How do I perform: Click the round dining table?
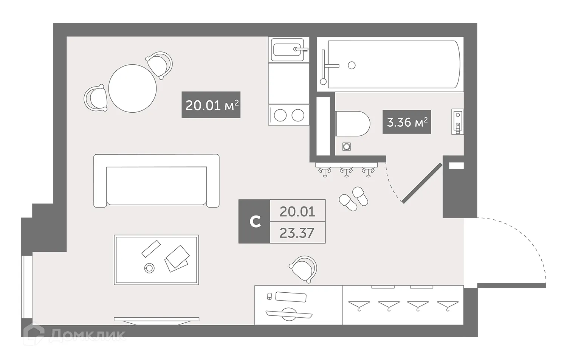[132, 88]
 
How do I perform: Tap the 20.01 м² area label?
[211, 105]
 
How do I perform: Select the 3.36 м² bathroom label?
[407, 122]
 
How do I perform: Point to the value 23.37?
[297, 233]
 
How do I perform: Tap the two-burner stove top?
[289, 115]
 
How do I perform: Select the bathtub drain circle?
[352, 65]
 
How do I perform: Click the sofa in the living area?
[156, 181]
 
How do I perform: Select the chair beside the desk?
[304, 269]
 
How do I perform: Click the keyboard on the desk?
[290, 297]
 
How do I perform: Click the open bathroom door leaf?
[422, 183]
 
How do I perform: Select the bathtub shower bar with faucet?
[324, 67]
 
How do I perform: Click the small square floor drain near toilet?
[347, 146]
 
